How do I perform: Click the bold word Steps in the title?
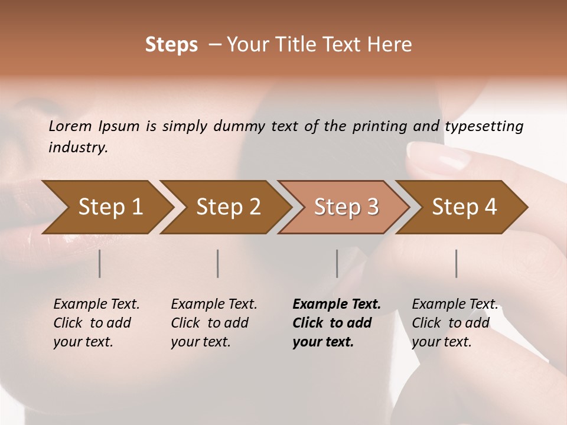[x=171, y=45]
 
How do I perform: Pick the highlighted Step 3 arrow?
[x=346, y=207]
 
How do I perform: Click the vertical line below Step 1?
[x=100, y=263]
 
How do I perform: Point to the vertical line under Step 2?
[x=218, y=263]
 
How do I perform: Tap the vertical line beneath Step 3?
[x=337, y=263]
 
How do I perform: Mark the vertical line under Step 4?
[x=457, y=263]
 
